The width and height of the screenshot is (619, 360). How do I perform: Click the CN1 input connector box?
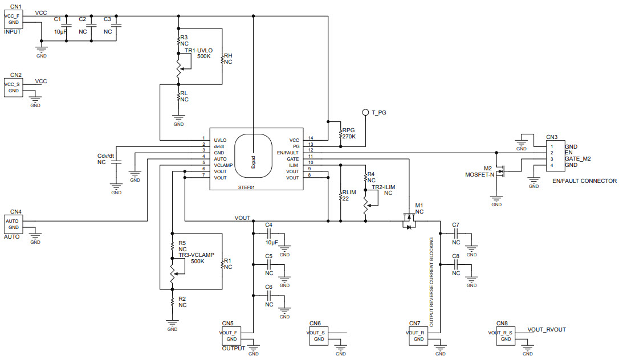(14, 18)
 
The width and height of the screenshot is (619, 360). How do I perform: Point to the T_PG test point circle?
(365, 113)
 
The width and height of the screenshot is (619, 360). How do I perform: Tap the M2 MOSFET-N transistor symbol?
(502, 171)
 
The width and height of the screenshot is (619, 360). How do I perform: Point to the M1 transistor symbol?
(408, 220)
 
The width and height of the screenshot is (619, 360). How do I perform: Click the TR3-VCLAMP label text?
(196, 255)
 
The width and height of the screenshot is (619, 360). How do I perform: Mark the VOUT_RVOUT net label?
(547, 330)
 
